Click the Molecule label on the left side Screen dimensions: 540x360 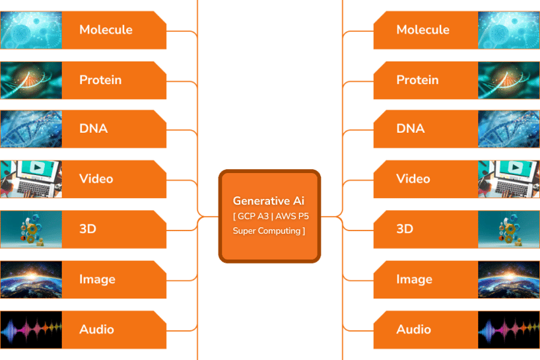click(x=106, y=30)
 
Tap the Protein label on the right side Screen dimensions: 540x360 click(x=417, y=80)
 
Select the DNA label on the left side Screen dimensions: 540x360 click(x=93, y=129)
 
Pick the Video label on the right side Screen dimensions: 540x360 click(x=413, y=178)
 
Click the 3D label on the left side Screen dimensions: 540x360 click(x=88, y=229)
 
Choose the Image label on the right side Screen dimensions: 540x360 click(x=415, y=279)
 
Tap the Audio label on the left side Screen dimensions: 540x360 click(x=96, y=330)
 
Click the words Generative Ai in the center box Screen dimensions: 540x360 click(x=269, y=201)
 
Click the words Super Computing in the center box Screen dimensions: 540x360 click(x=267, y=231)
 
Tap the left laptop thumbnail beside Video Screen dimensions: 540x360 click(x=31, y=179)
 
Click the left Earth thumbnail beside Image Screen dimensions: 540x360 click(x=31, y=279)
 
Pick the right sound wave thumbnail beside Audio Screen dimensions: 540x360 click(x=509, y=330)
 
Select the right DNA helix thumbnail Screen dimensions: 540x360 click(x=509, y=129)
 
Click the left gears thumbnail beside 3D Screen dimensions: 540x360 click(x=31, y=229)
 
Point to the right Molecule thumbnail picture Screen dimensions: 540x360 click(x=509, y=30)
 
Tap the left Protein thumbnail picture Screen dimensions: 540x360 click(x=31, y=81)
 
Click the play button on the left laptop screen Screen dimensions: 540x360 click(x=36, y=168)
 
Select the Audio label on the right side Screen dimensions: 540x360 click(x=414, y=330)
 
